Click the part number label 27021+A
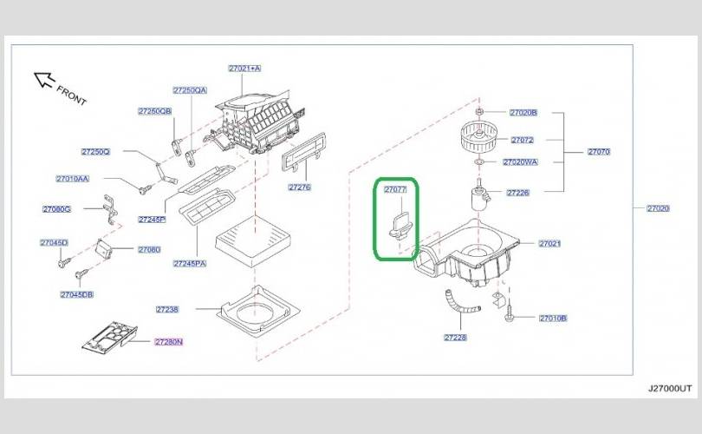click(244, 68)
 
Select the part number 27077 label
click(396, 188)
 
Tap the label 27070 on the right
click(599, 152)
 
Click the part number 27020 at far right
click(659, 208)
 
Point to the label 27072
click(522, 140)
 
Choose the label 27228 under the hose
click(455, 337)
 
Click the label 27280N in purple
click(169, 342)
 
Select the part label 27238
click(167, 309)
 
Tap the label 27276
click(300, 187)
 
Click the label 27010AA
click(73, 179)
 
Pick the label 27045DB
click(76, 295)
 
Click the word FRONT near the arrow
click(72, 95)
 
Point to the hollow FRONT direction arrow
click(43, 81)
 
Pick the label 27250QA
click(190, 90)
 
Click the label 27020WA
click(520, 161)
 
